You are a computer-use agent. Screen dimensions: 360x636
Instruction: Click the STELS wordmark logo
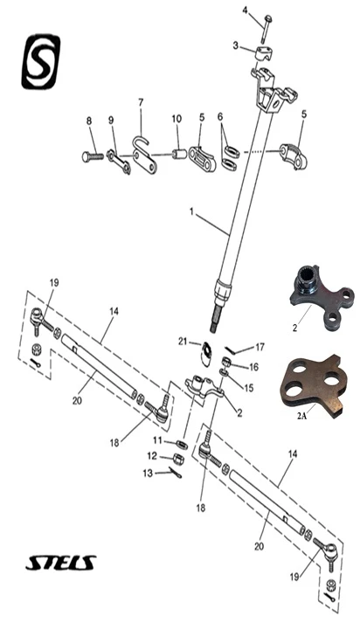[x=61, y=563]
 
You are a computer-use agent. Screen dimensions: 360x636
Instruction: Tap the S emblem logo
[x=40, y=62]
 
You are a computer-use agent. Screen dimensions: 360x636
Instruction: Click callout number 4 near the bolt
[x=246, y=10]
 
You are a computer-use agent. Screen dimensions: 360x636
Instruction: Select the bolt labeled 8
[x=93, y=156]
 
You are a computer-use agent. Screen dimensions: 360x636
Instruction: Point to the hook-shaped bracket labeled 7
[x=144, y=156]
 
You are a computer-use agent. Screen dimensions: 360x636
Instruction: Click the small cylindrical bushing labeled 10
[x=179, y=154]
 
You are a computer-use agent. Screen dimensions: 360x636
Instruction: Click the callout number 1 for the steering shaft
[x=190, y=211]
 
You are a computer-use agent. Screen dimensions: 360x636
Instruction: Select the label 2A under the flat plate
[x=301, y=416]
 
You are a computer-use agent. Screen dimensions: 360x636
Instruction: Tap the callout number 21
[x=183, y=342]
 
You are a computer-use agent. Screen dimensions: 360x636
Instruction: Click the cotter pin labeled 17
[x=232, y=349]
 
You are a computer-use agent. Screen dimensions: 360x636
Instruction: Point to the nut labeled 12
[x=178, y=459]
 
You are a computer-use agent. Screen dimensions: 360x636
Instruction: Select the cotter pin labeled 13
[x=176, y=474]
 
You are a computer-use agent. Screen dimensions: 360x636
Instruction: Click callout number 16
[x=253, y=368]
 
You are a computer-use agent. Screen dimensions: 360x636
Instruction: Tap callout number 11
[x=157, y=440]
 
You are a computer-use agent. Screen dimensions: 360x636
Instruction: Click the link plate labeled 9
[x=119, y=162]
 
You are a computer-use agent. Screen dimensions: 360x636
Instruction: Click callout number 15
[x=249, y=388]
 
